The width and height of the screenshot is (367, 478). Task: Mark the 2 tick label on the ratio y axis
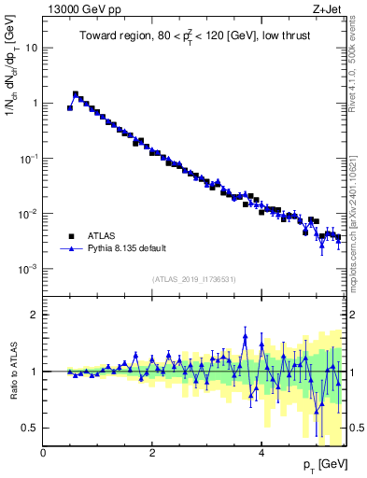point(35,315)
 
